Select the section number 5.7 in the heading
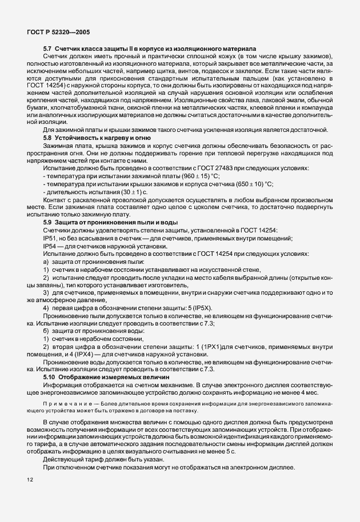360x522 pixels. coord(48,49)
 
